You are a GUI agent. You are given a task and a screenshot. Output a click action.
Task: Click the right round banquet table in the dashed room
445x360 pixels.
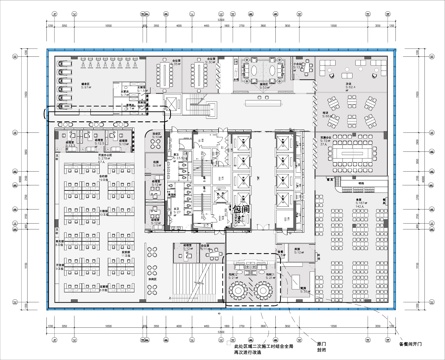tap(262, 288)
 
